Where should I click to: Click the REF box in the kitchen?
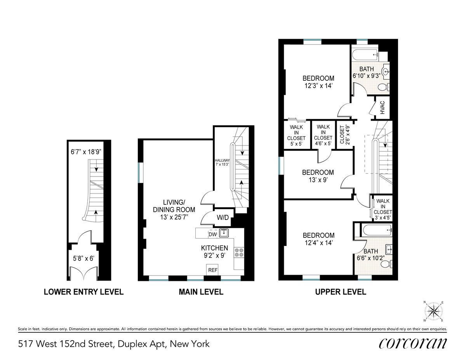pos(212,270)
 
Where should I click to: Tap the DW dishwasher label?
pos(212,234)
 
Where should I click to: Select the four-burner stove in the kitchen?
pos(239,253)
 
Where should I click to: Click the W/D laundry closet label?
pos(223,218)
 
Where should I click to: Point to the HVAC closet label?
pos(383,107)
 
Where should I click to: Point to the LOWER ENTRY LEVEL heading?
pos(83,292)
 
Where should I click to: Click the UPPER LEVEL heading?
pos(341,292)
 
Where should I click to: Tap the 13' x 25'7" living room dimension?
pos(174,217)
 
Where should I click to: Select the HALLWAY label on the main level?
pos(223,160)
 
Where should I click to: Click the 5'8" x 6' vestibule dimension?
pos(83,258)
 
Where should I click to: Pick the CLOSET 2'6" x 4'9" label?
pos(344,135)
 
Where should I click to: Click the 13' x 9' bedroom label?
pos(318,176)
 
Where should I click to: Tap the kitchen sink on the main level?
pos(224,233)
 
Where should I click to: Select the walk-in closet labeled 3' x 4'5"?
pos(383,209)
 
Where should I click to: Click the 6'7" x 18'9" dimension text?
pos(86,152)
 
